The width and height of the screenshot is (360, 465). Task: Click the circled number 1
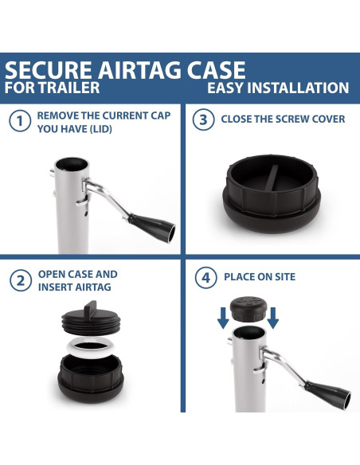point(18,122)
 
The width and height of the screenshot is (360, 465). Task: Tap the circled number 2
point(18,280)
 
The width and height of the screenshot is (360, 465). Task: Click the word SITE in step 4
point(281,277)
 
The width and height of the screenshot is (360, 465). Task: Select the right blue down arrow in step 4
point(273,319)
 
